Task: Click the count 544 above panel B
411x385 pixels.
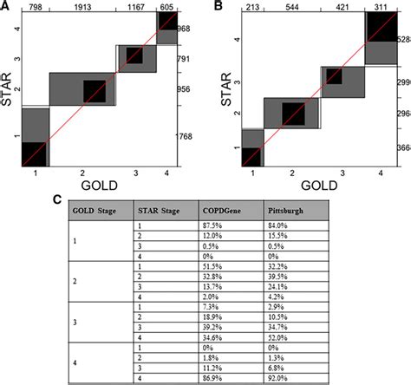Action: pyautogui.click(x=282, y=5)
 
